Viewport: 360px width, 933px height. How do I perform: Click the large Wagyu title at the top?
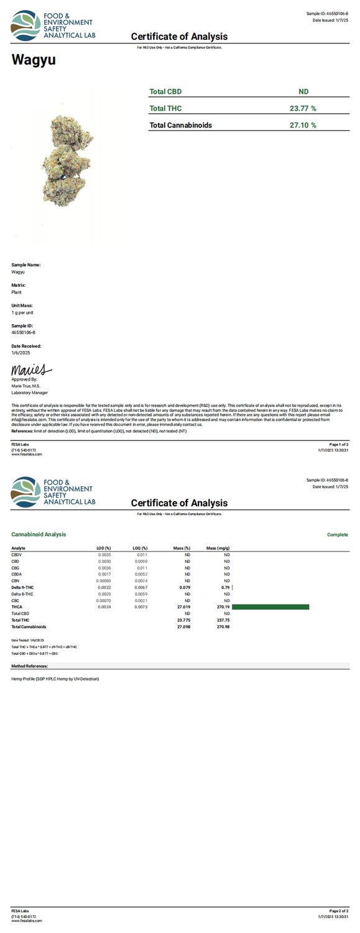click(34, 60)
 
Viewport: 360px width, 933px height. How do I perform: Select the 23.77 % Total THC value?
click(303, 108)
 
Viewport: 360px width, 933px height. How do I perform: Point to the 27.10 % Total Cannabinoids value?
click(303, 125)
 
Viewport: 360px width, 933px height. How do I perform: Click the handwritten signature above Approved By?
click(32, 371)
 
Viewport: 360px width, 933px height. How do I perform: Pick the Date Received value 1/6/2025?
click(21, 353)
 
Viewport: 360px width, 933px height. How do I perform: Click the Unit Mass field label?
click(22, 305)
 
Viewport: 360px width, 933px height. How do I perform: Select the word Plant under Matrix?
click(17, 292)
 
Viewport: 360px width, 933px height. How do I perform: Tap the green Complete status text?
click(338, 534)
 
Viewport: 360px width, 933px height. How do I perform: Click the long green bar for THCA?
click(270, 607)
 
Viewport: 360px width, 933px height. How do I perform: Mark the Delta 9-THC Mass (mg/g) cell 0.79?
click(226, 587)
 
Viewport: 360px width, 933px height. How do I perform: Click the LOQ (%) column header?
click(140, 548)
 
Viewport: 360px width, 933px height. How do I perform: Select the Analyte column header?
click(19, 548)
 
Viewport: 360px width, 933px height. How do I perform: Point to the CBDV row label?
click(17, 554)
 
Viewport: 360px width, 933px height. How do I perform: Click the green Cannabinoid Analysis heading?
click(39, 534)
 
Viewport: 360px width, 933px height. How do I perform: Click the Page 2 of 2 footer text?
click(338, 910)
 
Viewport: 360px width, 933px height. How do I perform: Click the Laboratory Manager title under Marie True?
click(29, 392)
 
